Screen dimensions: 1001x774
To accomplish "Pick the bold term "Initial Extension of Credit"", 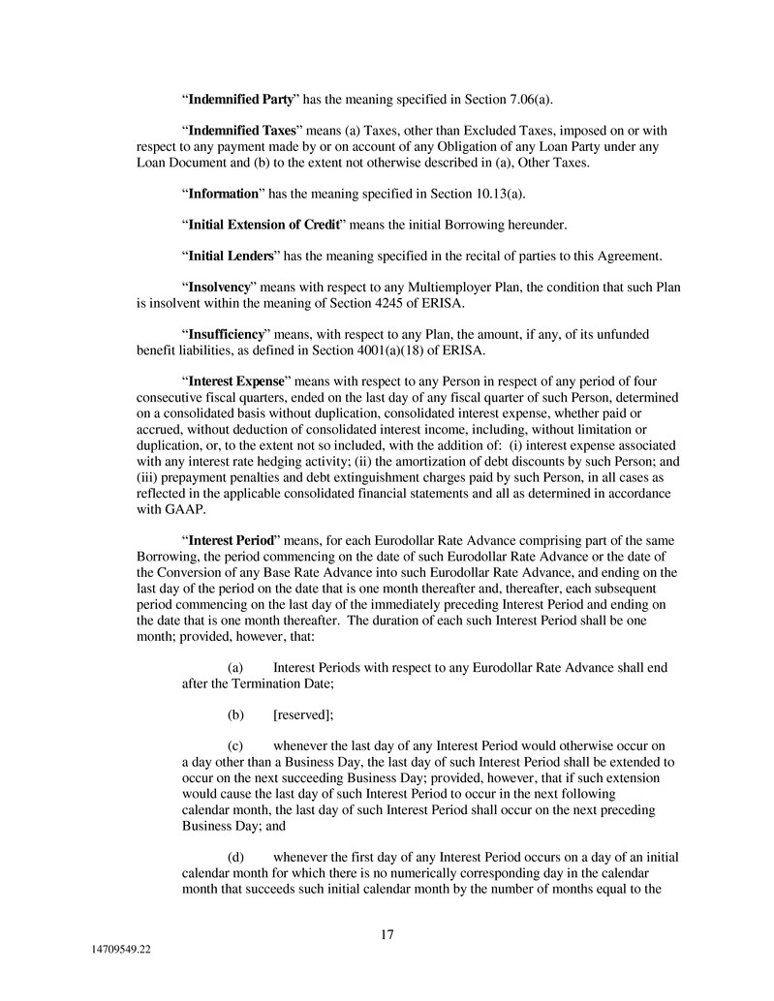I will click(x=263, y=225).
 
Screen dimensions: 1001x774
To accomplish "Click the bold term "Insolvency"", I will click(x=221, y=288).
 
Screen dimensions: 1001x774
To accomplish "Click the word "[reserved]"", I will click(x=303, y=714).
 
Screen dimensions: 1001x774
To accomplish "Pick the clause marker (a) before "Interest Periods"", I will click(x=235, y=668).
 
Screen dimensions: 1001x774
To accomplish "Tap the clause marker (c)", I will click(x=235, y=746).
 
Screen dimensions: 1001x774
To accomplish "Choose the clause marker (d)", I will click(x=235, y=857).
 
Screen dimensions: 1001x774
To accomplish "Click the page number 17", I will click(x=387, y=934).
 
